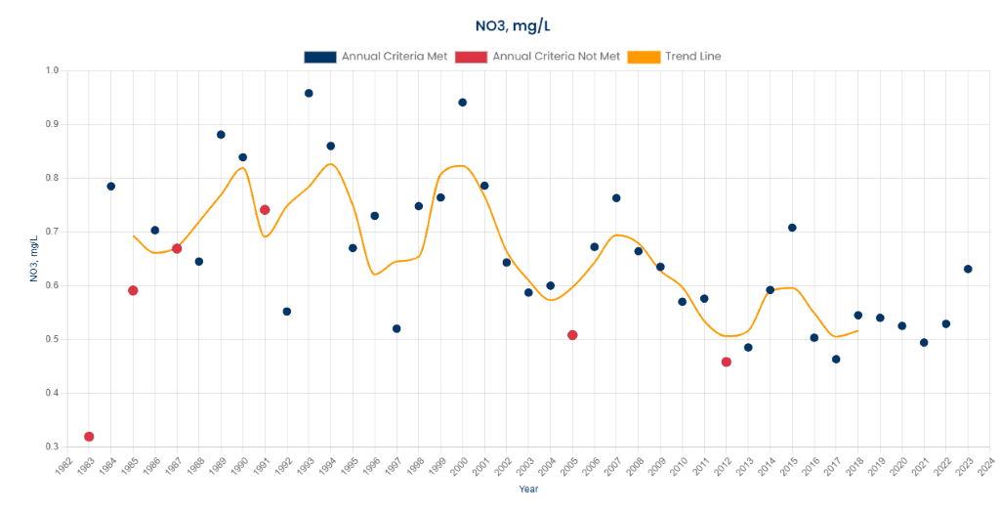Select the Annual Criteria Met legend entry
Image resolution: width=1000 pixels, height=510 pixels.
(376, 57)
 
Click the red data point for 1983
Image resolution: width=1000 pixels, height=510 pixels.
(89, 437)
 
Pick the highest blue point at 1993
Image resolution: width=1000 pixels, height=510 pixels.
(309, 94)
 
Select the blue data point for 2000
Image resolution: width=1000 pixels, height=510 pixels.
(463, 103)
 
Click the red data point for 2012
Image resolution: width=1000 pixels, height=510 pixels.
(727, 362)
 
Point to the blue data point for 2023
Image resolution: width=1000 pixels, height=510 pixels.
(968, 269)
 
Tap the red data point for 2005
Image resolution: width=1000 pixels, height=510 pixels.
(572, 335)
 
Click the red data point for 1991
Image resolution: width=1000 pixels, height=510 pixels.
(265, 210)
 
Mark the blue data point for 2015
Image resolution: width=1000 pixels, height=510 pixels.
(792, 228)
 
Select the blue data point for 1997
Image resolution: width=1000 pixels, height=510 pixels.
(396, 328)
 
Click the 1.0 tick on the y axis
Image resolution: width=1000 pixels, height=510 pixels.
(52, 71)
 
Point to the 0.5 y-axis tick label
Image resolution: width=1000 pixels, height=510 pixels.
(52, 340)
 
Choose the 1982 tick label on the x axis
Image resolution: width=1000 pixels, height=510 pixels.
(62, 466)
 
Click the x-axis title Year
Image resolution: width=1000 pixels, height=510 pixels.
(527, 489)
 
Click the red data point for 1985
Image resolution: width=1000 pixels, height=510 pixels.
(133, 290)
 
